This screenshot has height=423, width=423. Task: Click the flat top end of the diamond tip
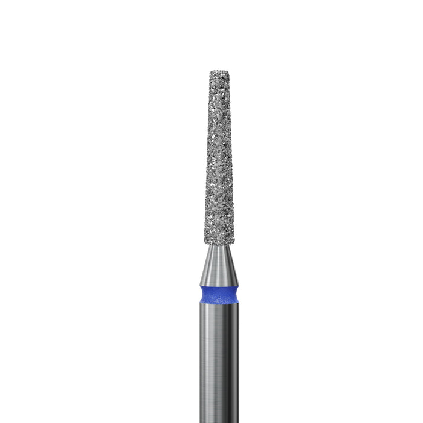221,73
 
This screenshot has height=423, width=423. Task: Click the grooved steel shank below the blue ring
219,357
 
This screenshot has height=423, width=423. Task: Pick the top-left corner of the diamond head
210,73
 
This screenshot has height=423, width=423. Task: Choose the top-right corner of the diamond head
231,73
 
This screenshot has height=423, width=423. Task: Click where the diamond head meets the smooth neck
219,245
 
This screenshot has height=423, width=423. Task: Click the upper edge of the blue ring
219,286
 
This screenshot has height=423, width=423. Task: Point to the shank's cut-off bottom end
219,421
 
